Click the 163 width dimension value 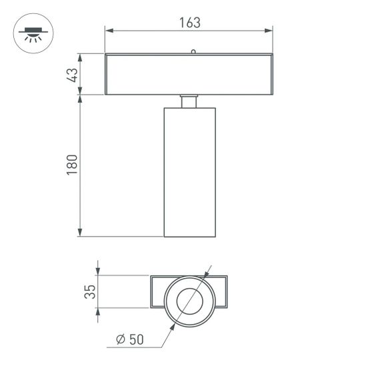point(189,22)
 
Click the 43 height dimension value point(73,73)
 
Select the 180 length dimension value point(73,165)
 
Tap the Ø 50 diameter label point(129,339)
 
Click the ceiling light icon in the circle point(31,35)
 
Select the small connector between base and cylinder point(189,101)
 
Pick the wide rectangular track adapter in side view point(189,74)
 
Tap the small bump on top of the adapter point(193,51)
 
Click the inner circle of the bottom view point(190,301)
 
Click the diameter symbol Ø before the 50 point(121,339)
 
